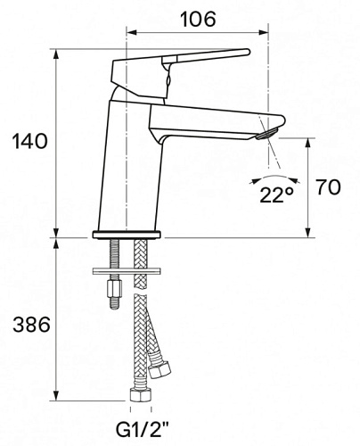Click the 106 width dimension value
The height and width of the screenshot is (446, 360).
[x=198, y=20]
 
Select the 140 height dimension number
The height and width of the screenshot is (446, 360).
[x=29, y=141]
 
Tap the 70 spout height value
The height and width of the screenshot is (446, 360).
[x=328, y=187]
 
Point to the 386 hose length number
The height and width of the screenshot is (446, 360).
[x=31, y=324]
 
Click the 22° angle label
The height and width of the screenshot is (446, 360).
[x=277, y=194]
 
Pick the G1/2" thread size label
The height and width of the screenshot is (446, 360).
[x=142, y=430]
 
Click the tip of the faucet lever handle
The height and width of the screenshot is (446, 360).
[x=249, y=52]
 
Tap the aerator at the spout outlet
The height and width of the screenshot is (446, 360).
[x=267, y=133]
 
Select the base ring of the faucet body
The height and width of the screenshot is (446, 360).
[x=127, y=235]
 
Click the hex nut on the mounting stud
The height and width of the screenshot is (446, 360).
[x=115, y=287]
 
